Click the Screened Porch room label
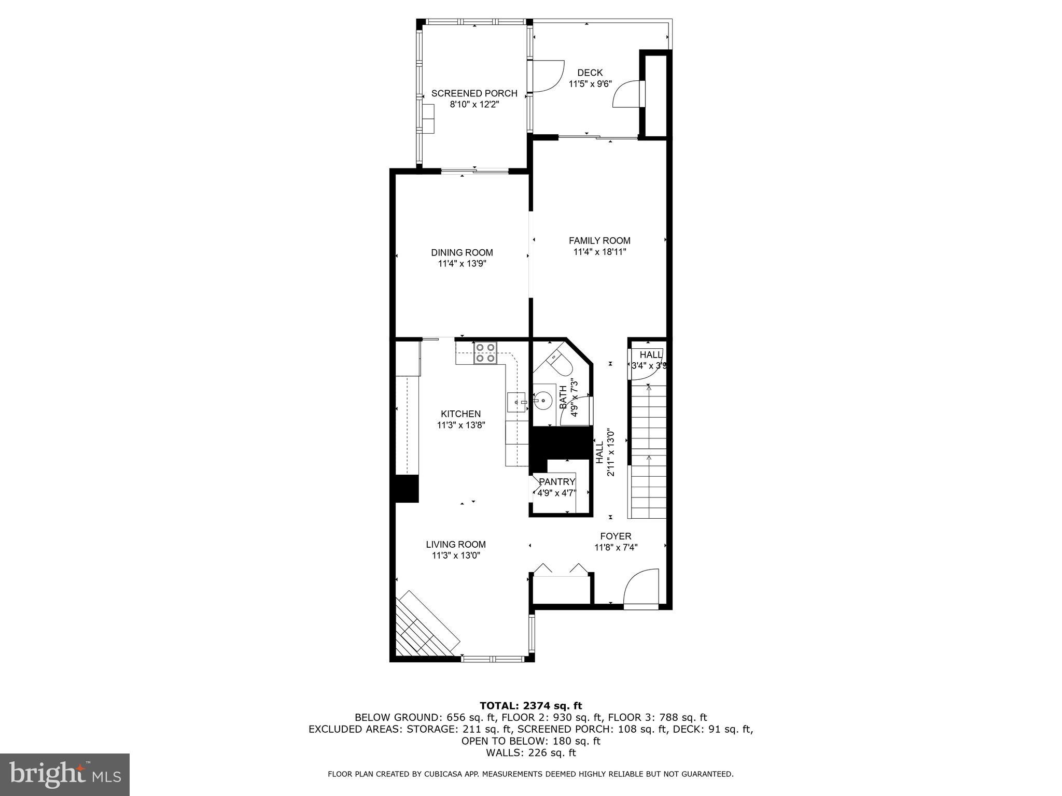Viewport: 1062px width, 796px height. point(474,93)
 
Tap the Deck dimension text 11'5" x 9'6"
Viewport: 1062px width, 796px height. point(590,84)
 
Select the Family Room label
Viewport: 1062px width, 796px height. point(599,240)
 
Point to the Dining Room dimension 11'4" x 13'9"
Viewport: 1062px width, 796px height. point(462,264)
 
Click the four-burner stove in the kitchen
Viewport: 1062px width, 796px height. point(485,352)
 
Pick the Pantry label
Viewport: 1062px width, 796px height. point(557,482)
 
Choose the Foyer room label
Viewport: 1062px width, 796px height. point(616,536)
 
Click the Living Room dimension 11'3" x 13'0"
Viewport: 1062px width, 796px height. point(456,556)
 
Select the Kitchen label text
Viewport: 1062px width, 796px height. point(460,414)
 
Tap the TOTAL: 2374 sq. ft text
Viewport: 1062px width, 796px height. point(530,706)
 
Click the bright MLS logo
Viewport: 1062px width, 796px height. point(65,774)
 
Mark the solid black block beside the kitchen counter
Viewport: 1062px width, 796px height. point(407,488)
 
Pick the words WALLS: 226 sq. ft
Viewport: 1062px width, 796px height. point(530,753)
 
